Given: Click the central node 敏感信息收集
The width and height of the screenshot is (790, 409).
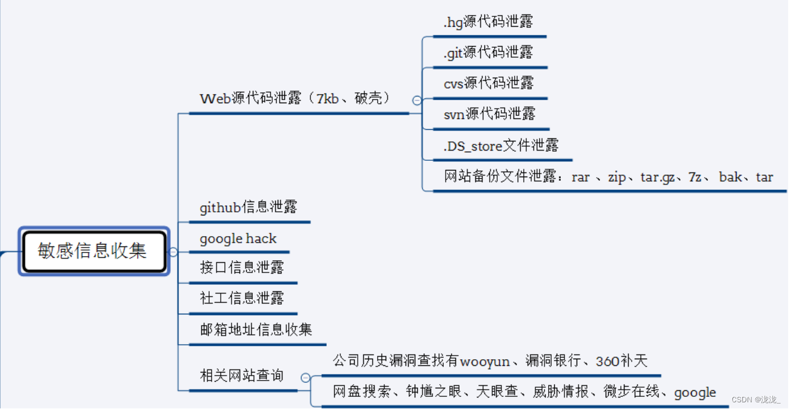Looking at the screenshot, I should coord(93,251).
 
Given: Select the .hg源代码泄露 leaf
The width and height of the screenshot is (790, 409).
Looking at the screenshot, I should coord(488,22).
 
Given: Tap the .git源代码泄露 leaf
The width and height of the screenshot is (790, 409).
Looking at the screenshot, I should coord(488,53).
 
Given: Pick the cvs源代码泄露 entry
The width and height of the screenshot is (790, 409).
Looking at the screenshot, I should coord(489,83).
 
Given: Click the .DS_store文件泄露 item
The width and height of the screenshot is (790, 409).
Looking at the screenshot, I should coord(501,146).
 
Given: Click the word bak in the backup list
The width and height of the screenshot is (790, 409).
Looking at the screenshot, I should coord(730,177).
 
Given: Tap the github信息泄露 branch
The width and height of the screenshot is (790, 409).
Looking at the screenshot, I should coord(249,208).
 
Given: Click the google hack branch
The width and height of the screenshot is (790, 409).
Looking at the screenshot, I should coord(238,238).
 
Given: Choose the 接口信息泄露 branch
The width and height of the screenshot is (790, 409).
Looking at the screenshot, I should coord(242,268).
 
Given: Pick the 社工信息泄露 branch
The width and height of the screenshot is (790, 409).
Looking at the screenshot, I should coord(242,298).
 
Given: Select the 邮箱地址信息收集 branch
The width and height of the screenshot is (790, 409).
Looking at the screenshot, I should coord(256,330).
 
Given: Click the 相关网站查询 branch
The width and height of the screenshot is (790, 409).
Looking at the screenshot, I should coord(242,376).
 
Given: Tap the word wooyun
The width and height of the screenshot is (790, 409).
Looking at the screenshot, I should coord(485,362).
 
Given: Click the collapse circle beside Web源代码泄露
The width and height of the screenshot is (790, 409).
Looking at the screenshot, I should coord(417,101).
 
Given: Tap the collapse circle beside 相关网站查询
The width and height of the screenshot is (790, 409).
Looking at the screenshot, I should coord(305,377).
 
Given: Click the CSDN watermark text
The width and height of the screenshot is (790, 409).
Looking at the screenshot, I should coord(756,399).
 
